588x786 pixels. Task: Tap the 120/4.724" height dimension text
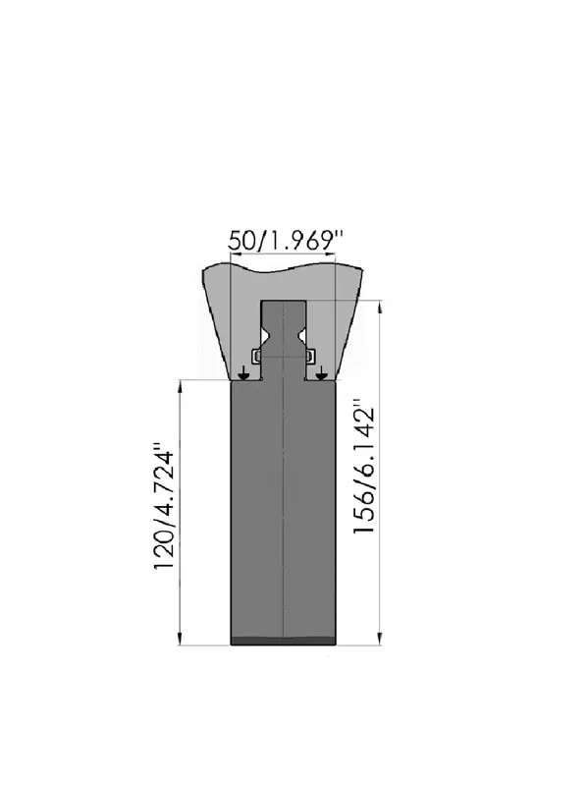[x=164, y=506]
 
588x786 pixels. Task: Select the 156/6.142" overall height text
[x=364, y=466]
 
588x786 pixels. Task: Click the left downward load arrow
[x=243, y=372]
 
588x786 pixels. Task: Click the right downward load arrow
[x=321, y=372]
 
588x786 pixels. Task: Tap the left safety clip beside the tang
[x=256, y=356]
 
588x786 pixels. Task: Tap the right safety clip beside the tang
[x=310, y=356]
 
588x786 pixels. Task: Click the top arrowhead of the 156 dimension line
[x=380, y=306]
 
